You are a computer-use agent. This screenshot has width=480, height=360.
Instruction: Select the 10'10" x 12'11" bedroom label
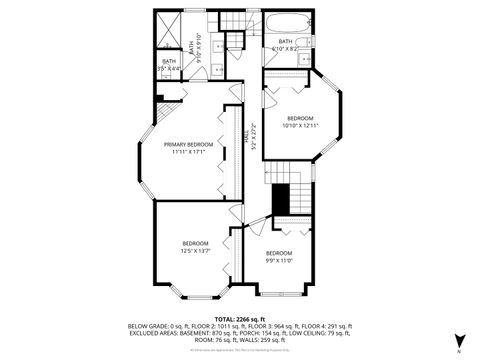[x=300, y=121]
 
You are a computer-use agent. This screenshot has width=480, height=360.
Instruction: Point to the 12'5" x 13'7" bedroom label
[x=195, y=247]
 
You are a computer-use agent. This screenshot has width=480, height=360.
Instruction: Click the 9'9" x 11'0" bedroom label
[x=279, y=257]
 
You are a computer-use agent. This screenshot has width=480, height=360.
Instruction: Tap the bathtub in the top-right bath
[x=287, y=24]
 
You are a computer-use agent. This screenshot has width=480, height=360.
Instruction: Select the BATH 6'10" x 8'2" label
[x=286, y=44]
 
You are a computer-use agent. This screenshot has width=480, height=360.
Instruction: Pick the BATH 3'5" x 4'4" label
[x=169, y=65]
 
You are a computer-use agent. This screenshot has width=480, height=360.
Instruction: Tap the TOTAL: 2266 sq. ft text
[x=240, y=317]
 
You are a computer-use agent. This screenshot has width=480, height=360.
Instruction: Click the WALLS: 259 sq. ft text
[x=268, y=341]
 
